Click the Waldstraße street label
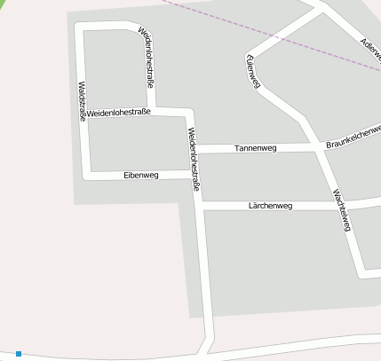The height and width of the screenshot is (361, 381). tap(82, 101)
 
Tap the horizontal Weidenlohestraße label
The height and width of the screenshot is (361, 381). tap(118, 113)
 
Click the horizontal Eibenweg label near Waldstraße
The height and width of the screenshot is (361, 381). tap(140, 176)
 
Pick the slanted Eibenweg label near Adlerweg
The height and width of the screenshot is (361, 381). tap(253, 70)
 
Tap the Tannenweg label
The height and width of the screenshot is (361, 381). tap(255, 148)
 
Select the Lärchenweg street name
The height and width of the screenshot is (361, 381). tap(270, 206)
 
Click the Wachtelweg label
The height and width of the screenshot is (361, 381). tap(341, 210)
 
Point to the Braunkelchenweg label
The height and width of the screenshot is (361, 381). tap(353, 136)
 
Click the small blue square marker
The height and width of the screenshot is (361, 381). tap(19, 354)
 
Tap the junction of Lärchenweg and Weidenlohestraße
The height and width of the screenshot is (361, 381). tap(199, 206)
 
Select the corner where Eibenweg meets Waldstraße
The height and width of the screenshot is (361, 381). tap(87, 175)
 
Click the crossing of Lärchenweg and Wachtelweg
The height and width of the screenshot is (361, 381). tap(341, 205)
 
